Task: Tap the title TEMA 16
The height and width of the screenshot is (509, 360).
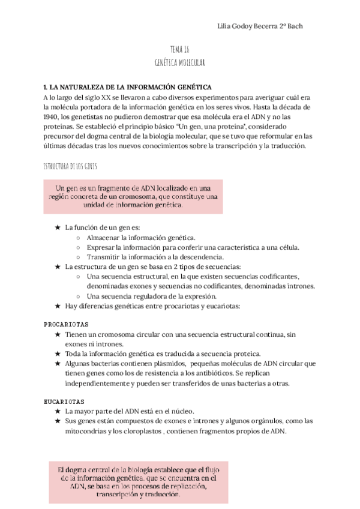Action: pos(179,50)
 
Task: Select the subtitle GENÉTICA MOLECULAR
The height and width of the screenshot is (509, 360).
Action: pos(179,62)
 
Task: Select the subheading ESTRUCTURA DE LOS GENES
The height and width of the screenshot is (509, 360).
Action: pos(70,165)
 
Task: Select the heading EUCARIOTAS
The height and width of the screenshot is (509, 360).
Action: pos(64,401)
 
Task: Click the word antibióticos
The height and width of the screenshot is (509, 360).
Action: pos(211,373)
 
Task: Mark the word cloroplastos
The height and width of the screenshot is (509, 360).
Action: pos(142,431)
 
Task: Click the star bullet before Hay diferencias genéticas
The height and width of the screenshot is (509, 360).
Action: pos(57,306)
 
